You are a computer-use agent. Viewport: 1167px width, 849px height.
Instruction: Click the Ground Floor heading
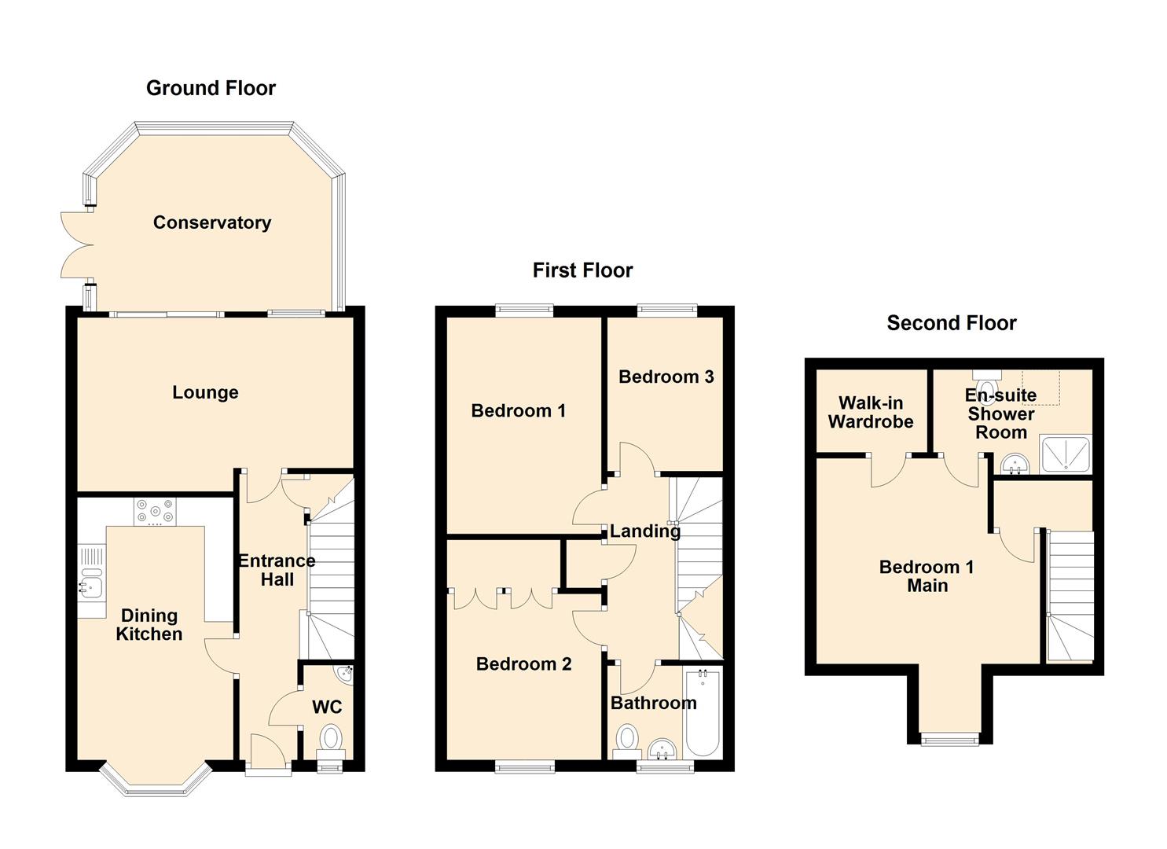211,88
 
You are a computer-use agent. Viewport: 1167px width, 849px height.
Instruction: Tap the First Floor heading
582,270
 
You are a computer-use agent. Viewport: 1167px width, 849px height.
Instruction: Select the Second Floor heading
952,323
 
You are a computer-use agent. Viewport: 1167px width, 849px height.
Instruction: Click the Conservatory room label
212,222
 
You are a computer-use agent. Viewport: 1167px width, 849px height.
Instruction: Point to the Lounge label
205,392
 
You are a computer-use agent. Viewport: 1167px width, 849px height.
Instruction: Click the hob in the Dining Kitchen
155,512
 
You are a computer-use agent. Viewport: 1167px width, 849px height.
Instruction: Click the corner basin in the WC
346,673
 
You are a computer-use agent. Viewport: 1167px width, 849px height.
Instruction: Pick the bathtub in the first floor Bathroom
703,712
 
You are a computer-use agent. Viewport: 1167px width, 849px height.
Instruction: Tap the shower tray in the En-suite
1065,454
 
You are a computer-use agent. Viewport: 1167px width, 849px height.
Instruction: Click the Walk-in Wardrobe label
871,412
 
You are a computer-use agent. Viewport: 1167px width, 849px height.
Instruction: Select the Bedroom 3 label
666,377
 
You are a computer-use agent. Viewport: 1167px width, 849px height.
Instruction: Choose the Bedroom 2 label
523,664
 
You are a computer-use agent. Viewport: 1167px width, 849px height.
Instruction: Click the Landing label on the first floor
645,531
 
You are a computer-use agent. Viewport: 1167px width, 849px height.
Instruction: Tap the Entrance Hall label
277,570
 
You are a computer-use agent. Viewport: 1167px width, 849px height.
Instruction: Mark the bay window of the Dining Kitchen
156,782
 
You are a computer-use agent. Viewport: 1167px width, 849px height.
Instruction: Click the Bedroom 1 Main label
927,576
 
